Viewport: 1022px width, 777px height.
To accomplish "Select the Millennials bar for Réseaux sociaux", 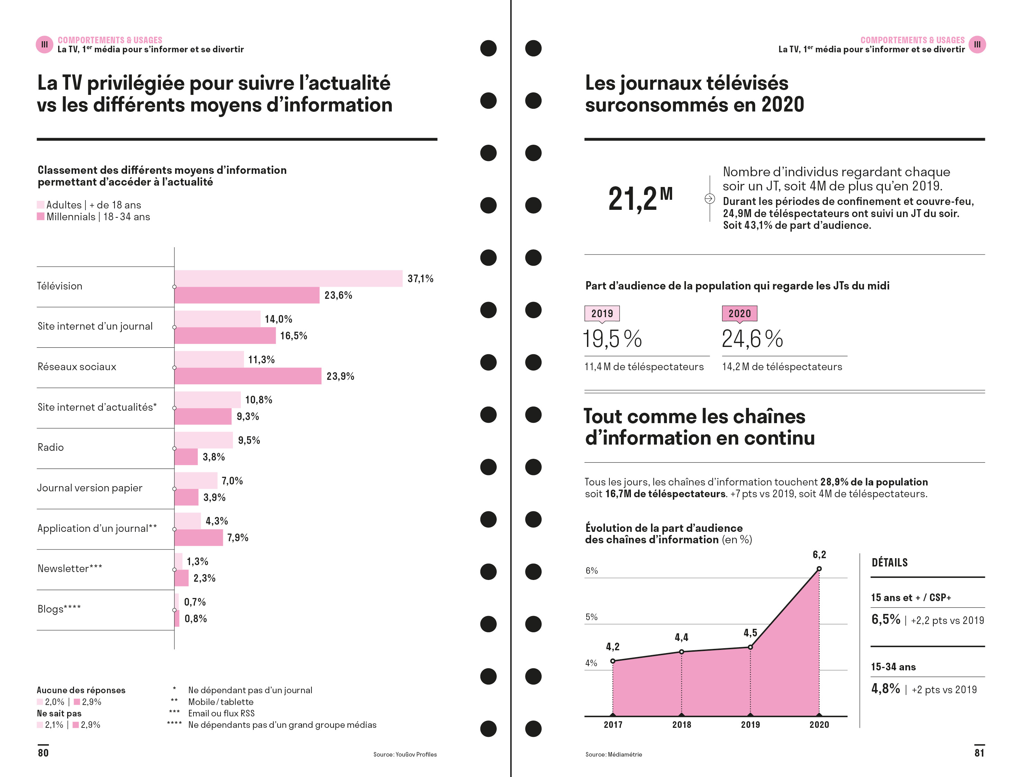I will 248,376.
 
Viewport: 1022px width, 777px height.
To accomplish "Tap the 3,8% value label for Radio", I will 214,457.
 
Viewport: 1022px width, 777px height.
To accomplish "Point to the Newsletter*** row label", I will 70,569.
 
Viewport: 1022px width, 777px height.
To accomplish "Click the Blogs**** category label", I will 59,609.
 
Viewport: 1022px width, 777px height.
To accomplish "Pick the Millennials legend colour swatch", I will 41,216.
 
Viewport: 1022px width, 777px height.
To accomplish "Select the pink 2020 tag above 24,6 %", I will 739,314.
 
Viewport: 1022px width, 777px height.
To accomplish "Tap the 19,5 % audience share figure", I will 612,339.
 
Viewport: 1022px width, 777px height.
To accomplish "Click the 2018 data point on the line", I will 681,652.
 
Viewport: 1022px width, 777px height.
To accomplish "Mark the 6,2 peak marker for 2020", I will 818,569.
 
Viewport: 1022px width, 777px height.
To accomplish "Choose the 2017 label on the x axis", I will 613,725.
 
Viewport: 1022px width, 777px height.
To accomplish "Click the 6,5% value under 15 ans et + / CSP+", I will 886,619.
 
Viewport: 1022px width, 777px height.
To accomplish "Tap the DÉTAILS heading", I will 889,562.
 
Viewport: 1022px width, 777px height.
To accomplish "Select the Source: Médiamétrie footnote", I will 613,754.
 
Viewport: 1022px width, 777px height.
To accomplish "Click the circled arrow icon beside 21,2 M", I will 709,198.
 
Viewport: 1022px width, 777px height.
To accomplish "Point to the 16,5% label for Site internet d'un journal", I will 293,336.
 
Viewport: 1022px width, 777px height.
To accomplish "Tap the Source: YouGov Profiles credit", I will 405,754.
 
